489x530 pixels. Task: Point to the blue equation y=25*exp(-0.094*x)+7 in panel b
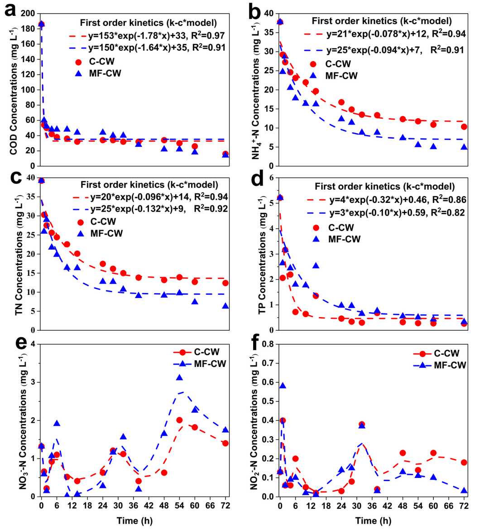click(391, 50)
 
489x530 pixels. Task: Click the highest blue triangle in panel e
click(179, 377)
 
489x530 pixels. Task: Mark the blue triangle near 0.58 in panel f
click(283, 385)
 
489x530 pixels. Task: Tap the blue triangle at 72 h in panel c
click(225, 306)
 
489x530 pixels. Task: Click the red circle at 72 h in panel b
click(464, 127)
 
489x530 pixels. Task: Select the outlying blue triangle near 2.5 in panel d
click(316, 265)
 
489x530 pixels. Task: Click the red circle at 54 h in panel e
click(179, 420)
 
